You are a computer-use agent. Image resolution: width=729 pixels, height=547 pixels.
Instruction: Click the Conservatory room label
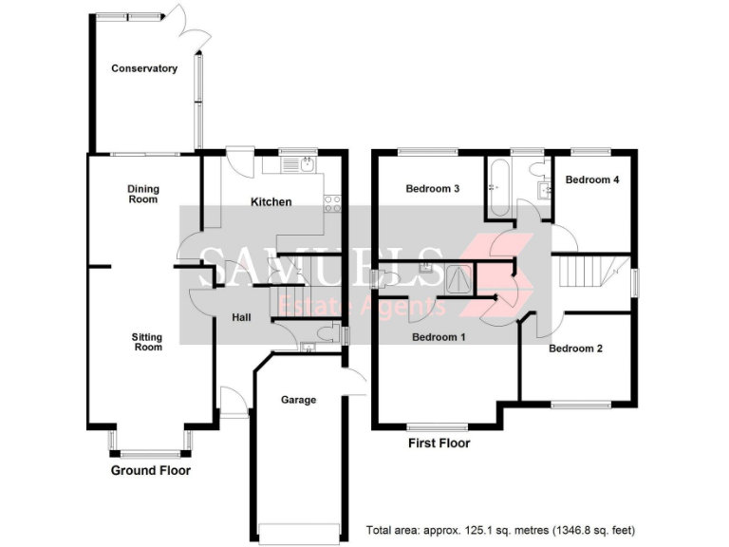144,68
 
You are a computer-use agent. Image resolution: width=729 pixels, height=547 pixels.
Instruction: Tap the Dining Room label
143,194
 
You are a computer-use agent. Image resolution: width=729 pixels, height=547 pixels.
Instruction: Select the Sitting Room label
146,342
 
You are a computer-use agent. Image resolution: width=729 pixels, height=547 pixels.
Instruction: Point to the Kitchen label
271,201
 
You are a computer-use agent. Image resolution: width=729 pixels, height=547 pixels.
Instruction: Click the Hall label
241,317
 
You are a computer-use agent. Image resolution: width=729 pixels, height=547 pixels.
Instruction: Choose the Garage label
298,400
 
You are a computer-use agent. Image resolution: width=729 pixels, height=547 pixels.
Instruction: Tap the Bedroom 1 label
438,337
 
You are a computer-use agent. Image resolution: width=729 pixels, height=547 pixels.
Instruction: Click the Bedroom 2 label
575,349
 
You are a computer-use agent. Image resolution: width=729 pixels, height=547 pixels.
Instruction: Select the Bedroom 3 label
433,189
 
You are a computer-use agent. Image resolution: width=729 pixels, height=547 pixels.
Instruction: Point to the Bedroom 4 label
592,179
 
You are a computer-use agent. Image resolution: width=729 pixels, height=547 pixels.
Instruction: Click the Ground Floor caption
151,470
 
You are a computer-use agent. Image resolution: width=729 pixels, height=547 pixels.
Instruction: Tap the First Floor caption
439,443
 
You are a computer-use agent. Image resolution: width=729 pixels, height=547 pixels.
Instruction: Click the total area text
500,530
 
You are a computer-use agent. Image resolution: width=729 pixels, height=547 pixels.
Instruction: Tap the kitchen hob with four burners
331,202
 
